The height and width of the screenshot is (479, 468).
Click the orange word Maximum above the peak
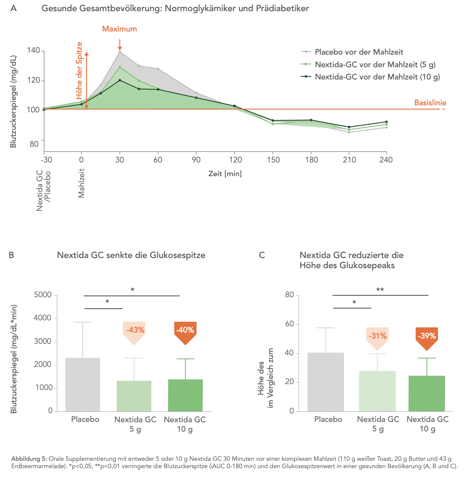pyautogui.click(x=119, y=29)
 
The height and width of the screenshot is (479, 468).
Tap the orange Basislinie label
pyautogui.click(x=430, y=103)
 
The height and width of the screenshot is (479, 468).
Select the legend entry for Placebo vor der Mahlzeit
pyautogui.click(x=352, y=52)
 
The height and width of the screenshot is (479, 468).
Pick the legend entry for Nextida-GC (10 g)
pyautogui.click(x=370, y=77)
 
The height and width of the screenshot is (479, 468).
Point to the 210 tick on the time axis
pyautogui.click(x=349, y=160)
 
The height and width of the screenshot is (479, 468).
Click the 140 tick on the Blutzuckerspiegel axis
pyautogui.click(x=34, y=50)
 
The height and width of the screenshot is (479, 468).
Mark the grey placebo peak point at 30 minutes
pyautogui.click(x=120, y=52)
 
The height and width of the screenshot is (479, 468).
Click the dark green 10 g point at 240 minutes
pyautogui.click(x=386, y=122)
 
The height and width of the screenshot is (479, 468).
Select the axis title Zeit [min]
pyautogui.click(x=225, y=174)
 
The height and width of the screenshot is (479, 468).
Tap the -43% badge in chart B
pyautogui.click(x=134, y=332)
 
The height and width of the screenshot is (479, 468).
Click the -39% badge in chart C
pyautogui.click(x=427, y=337)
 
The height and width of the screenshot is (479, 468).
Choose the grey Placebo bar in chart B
pyautogui.click(x=83, y=384)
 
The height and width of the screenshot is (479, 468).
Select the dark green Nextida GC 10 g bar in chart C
pyautogui.click(x=427, y=393)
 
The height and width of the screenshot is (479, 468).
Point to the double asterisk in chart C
pyautogui.click(x=380, y=290)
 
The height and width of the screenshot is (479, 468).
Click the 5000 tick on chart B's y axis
pyautogui.click(x=43, y=294)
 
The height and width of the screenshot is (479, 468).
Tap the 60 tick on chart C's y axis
pyautogui.click(x=289, y=324)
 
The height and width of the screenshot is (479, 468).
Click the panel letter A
pyautogui.click(x=14, y=9)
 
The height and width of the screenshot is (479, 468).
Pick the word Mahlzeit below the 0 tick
pyautogui.click(x=81, y=183)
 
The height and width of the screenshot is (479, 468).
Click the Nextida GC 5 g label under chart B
pyautogui.click(x=135, y=424)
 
